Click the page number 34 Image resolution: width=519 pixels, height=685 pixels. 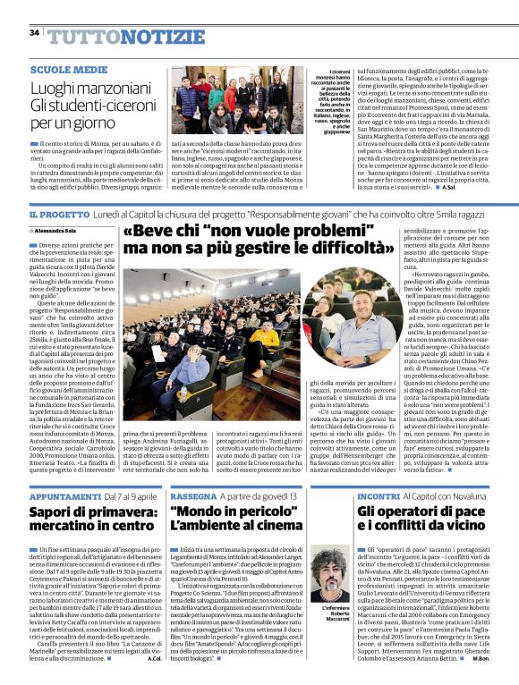pyautogui.click(x=34, y=33)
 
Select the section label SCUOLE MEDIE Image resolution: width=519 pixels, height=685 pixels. pyautogui.click(x=62, y=69)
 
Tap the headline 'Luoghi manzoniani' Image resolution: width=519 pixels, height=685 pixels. pyautogui.click(x=81, y=89)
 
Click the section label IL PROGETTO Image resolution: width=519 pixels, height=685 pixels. pyautogui.click(x=59, y=216)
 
